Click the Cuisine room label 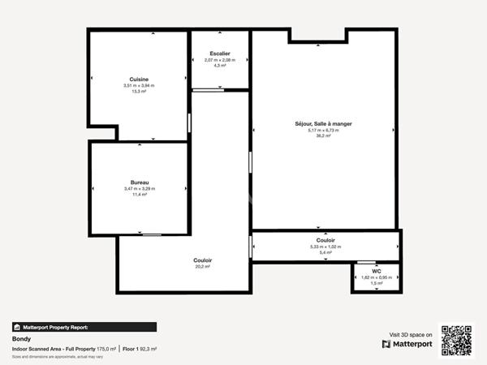[138, 79]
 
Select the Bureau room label [140, 182]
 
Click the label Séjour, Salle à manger [322, 123]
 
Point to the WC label [376, 271]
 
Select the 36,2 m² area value [322, 135]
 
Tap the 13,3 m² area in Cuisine [139, 92]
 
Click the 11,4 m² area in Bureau [140, 195]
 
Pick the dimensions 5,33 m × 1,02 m [325, 247]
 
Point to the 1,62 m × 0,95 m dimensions [376, 277]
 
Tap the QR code [456, 340]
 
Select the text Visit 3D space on [411, 333]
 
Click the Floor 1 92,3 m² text [140, 349]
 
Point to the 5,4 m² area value [325, 253]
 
